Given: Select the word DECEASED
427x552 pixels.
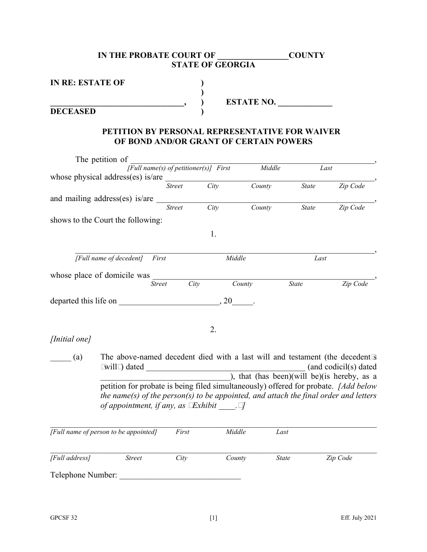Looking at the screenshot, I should click(73, 111).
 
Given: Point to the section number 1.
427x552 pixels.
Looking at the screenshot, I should click(213, 234).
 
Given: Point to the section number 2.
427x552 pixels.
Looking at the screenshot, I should click(213, 330).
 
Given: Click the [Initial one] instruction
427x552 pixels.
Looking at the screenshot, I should click(71, 340).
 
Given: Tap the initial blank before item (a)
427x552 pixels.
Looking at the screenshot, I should click(60, 358).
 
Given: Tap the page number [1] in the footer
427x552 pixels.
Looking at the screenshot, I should click(213, 518).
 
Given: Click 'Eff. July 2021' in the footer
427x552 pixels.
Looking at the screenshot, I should click(358, 518).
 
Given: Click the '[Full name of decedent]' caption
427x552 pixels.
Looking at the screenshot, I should click(109, 258).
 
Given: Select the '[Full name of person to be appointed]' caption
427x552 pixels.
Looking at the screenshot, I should click(103, 432).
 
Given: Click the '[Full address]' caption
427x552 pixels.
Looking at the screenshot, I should click(70, 458).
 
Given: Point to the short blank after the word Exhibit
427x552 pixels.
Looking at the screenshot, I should click(229, 407).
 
